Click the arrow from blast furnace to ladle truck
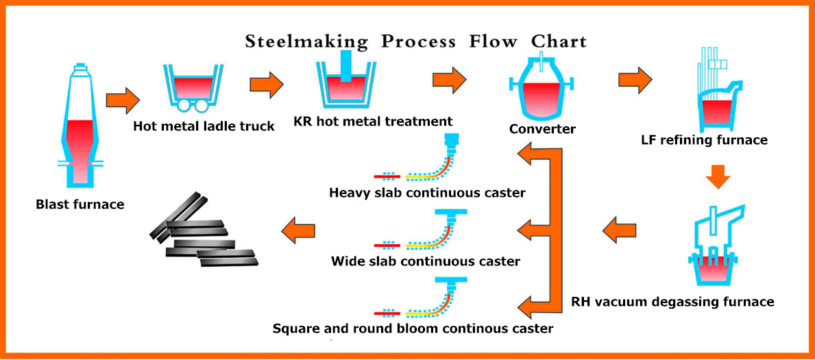[123, 97]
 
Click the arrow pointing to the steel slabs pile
[298, 229]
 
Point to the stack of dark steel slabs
[203, 230]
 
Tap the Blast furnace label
[80, 204]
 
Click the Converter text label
[543, 128]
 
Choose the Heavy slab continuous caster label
[427, 193]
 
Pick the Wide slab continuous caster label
[426, 260]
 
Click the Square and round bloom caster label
[413, 328]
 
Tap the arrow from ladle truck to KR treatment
[267, 83]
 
